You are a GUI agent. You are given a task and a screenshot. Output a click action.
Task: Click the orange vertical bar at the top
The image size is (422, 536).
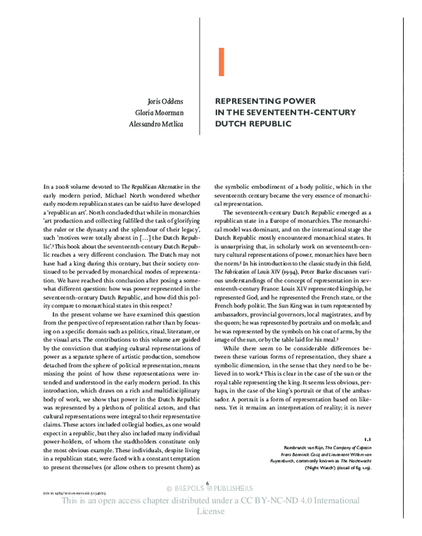point(221,62)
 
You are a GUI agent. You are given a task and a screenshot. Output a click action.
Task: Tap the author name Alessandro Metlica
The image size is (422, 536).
point(158,125)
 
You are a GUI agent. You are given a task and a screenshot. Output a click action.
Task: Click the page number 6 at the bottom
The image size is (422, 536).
point(210,483)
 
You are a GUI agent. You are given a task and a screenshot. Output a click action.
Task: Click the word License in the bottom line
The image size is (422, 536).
point(210,513)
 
